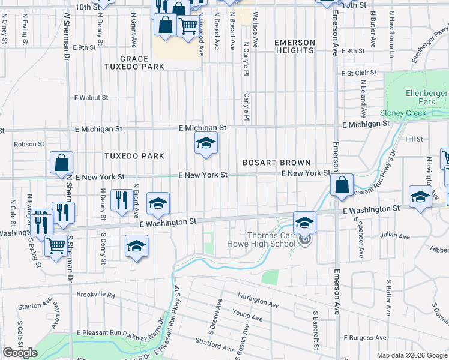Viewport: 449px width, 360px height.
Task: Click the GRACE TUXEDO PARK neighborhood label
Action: pyautogui.click(x=134, y=62)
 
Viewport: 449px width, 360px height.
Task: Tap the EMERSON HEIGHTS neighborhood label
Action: pyautogui.click(x=294, y=46)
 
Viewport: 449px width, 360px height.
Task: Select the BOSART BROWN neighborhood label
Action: pyautogui.click(x=276, y=163)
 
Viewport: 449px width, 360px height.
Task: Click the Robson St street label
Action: pyautogui.click(x=29, y=144)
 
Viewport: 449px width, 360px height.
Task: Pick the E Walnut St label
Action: pyautogui.click(x=91, y=97)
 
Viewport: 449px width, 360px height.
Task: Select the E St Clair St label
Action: pyautogui.click(x=358, y=73)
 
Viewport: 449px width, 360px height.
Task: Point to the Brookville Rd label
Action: pyautogui.click(x=95, y=295)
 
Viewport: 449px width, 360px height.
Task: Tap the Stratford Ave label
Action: pyautogui.click(x=214, y=344)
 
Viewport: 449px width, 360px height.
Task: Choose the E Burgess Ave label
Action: pyautogui.click(x=365, y=338)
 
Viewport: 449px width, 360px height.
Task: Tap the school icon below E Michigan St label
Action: pyautogui.click(x=206, y=143)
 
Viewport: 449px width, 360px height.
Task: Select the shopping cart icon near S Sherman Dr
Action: pyautogui.click(x=56, y=245)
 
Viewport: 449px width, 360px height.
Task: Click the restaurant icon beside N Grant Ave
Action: pyautogui.click(x=122, y=200)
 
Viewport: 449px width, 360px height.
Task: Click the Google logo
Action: pyautogui.click(x=20, y=353)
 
